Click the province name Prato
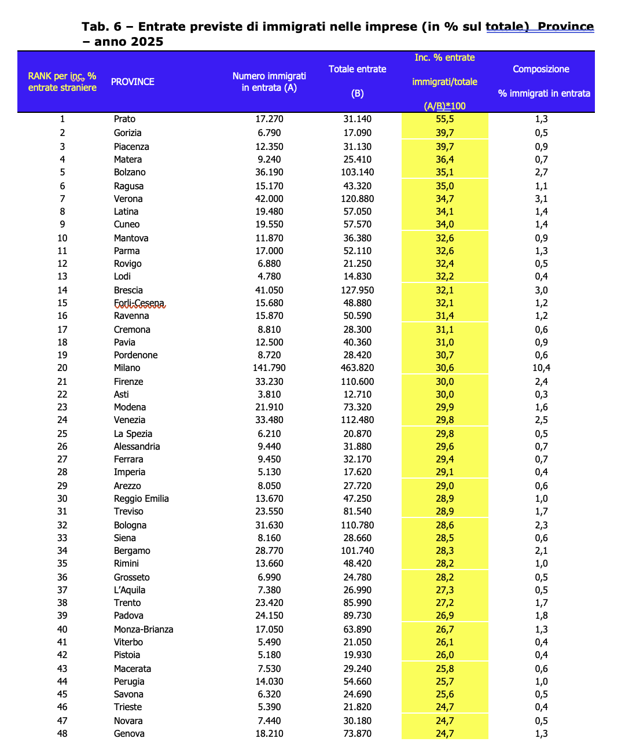(x=124, y=119)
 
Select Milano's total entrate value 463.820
(x=357, y=368)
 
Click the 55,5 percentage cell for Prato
(x=444, y=119)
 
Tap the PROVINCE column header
(x=133, y=82)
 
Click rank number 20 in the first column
(x=62, y=368)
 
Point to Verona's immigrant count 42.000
(x=269, y=199)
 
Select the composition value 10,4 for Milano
(x=541, y=368)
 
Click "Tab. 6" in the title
(x=102, y=27)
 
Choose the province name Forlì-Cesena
(x=139, y=303)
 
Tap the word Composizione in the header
(x=541, y=69)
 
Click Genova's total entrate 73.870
(x=357, y=734)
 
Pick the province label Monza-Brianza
(x=144, y=630)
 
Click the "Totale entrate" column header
(x=357, y=69)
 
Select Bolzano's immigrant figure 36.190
(x=269, y=172)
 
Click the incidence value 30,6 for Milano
(x=444, y=368)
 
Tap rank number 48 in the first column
(x=62, y=734)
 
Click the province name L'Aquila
(x=130, y=590)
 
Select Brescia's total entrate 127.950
(x=357, y=291)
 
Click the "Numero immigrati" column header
(x=269, y=76)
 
